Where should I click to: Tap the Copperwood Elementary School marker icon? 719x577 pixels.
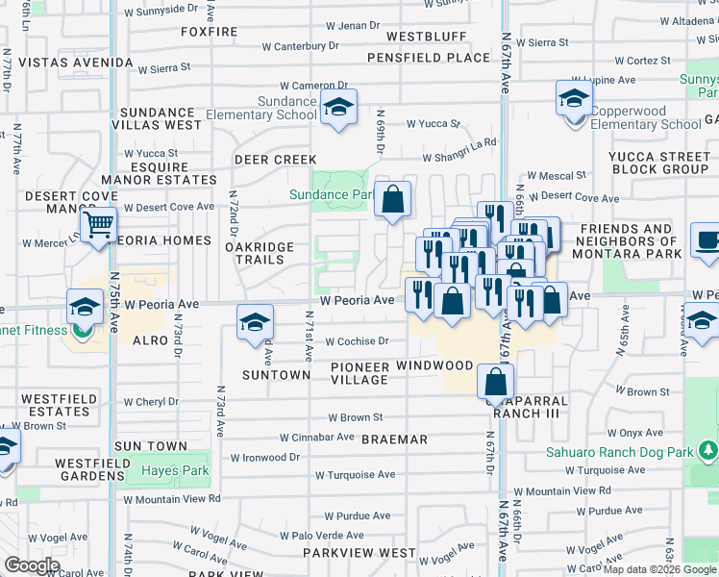574,98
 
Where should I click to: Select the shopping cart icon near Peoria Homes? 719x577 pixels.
98,226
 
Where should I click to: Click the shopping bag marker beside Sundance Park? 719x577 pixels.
392,200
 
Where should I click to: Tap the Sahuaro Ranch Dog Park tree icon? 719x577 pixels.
708,449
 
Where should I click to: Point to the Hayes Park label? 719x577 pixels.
175,471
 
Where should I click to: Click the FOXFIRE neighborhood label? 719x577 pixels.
209,32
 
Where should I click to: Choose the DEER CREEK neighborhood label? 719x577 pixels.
276,160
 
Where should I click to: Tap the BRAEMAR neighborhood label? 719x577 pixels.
394,439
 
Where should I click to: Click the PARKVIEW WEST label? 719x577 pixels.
359,554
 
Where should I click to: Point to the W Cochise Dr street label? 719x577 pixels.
357,341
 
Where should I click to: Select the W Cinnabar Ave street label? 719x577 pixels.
317,437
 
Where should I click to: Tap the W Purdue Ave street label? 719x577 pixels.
356,515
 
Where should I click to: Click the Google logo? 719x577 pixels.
33,565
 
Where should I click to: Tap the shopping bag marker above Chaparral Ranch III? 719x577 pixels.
494,383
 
